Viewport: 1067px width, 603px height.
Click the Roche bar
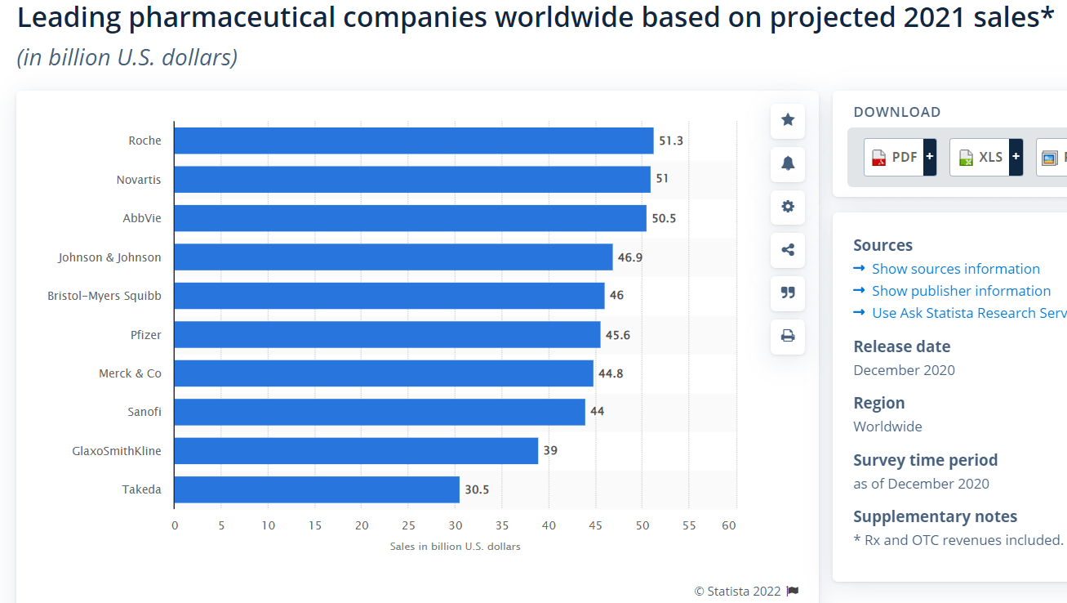[413, 141]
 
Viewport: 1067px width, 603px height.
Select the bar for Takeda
[317, 489]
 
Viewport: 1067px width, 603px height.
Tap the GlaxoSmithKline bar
[356, 451]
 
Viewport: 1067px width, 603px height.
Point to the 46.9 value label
[629, 257]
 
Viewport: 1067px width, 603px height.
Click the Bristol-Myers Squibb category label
[104, 296]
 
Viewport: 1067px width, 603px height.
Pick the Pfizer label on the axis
[146, 334]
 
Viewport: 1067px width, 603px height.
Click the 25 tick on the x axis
[408, 525]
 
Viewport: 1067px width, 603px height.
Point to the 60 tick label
[729, 525]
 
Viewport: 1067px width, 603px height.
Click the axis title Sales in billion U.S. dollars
[455, 546]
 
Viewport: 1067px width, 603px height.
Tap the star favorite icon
[788, 120]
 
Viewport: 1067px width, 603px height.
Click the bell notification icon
[788, 163]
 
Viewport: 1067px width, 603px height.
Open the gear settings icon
[788, 207]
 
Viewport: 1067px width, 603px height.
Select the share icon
[788, 250]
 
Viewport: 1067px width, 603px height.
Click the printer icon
[788, 336]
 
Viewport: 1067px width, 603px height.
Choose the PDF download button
[895, 157]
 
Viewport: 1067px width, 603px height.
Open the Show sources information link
[955, 269]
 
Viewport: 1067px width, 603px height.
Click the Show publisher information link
[961, 291]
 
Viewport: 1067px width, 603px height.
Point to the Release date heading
[901, 346]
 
